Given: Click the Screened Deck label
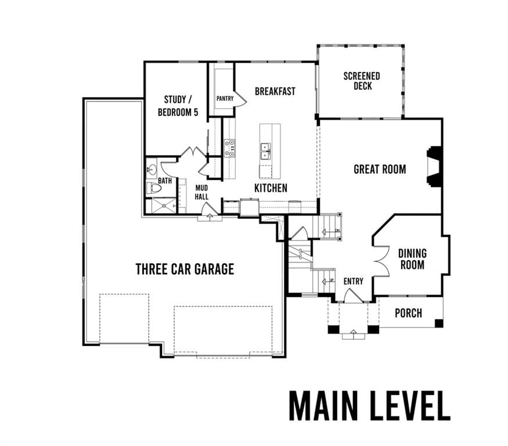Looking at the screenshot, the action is point(362,81).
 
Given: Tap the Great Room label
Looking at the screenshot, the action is point(380,169).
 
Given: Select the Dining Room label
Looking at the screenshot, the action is point(412,259).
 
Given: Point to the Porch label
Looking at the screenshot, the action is point(409,313).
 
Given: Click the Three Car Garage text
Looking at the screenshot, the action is point(185,269).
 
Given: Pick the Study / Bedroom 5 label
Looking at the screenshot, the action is point(178,106).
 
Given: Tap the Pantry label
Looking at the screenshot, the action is point(225,98).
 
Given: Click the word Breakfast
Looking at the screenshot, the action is point(275,91).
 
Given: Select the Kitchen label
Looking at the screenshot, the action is point(271,188).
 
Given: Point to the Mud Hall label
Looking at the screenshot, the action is point(201,192).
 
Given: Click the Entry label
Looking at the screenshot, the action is point(354,281).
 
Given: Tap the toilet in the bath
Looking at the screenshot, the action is point(154,188).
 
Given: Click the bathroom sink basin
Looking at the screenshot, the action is point(152,169).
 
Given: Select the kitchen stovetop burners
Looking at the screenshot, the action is point(230,148).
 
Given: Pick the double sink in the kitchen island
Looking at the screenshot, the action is point(266,152).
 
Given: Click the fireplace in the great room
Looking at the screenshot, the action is point(434,166).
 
